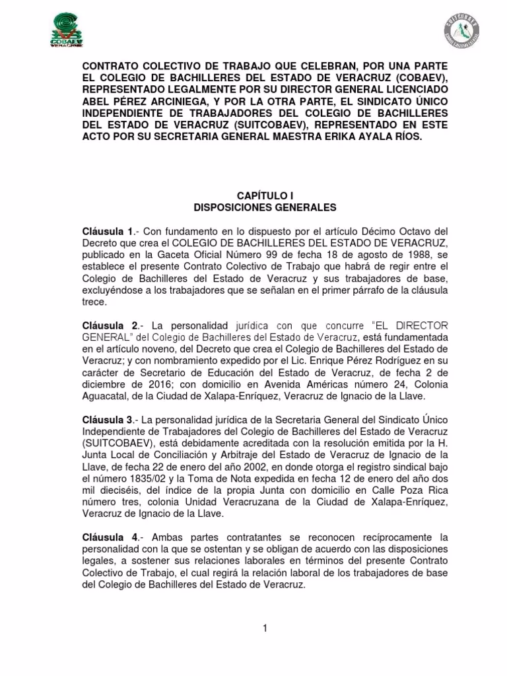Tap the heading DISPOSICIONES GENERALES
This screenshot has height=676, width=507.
click(264, 207)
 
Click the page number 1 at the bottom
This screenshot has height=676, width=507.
click(264, 628)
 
